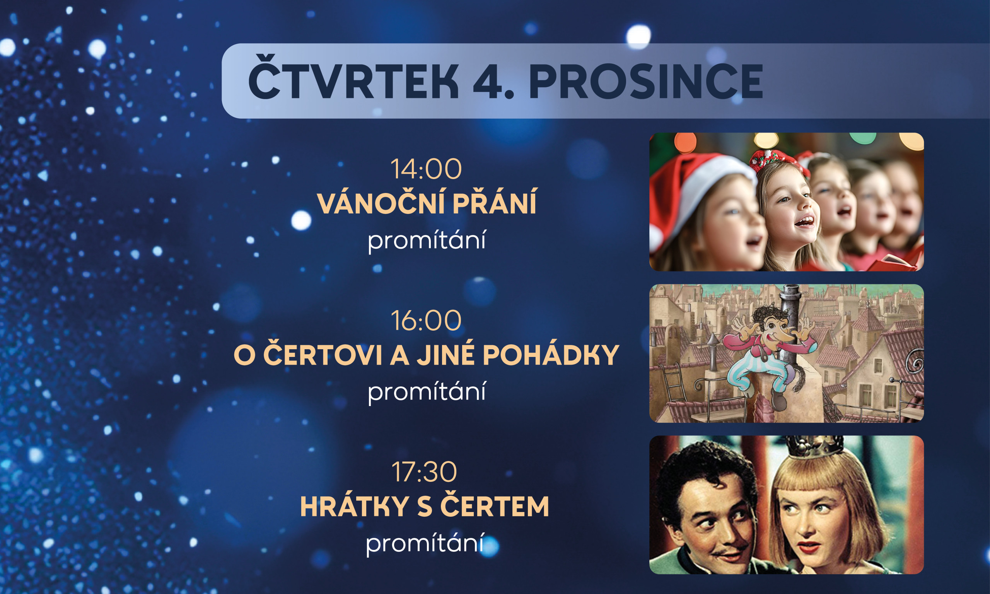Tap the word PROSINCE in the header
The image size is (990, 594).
(646, 81)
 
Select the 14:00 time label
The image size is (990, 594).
(426, 169)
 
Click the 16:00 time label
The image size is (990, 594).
(426, 321)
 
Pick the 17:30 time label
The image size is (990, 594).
(424, 472)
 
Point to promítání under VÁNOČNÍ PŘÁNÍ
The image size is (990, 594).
(427, 240)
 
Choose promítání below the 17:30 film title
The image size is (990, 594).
(425, 543)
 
